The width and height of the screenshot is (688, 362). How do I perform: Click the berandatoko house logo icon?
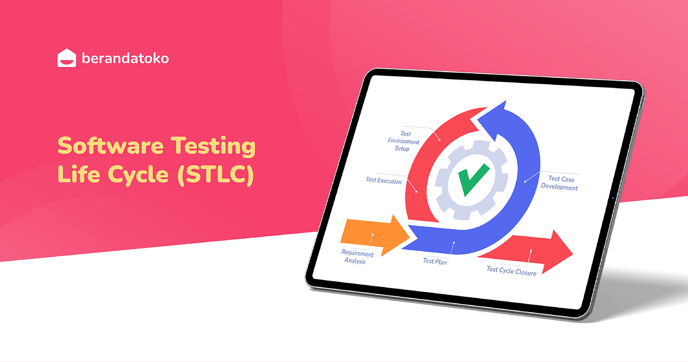[67, 58]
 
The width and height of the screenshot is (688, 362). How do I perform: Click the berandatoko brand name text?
[125, 58]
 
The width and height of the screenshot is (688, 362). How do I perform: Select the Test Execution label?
[384, 180]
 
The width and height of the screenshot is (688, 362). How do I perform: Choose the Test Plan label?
[435, 261]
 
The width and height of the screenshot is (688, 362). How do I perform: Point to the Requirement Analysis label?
[357, 257]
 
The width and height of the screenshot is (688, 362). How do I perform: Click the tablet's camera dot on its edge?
[613, 199]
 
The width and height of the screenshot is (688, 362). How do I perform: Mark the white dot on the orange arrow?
[372, 234]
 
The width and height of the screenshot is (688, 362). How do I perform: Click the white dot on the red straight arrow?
[531, 251]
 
